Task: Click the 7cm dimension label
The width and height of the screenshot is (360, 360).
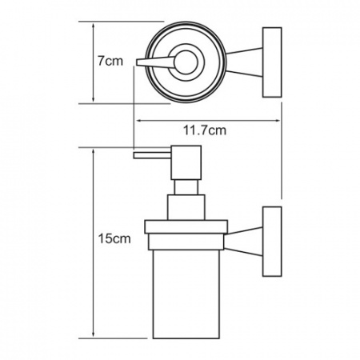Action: click(x=110, y=61)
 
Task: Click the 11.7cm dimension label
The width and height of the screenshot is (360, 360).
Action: click(x=205, y=130)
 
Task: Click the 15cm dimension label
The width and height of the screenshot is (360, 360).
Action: click(x=114, y=238)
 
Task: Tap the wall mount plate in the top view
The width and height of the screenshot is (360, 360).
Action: click(x=272, y=62)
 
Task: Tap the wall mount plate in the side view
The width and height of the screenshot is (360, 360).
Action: click(x=272, y=242)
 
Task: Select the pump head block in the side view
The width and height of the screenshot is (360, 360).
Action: click(x=186, y=162)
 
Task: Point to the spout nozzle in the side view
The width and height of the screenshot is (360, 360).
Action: click(x=152, y=155)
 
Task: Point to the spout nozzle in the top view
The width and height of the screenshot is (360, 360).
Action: click(x=155, y=62)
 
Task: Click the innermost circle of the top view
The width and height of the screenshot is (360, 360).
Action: click(x=186, y=62)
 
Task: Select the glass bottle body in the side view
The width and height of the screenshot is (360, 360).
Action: click(x=186, y=294)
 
